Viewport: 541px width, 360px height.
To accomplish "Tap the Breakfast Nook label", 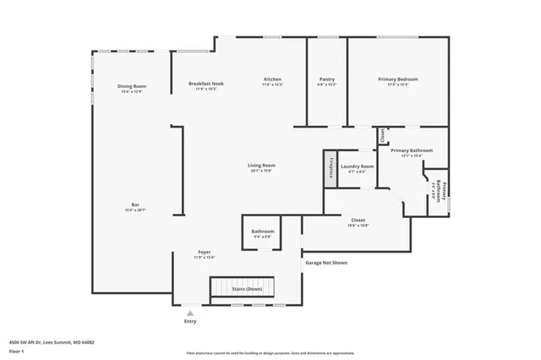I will point(205,85).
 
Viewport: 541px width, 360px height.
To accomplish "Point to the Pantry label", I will point(326,81).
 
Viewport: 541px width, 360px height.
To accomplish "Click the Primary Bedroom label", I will point(397,81).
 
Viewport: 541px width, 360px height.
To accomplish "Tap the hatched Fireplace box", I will point(330,168).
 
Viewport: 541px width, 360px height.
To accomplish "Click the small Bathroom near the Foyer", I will point(262,233).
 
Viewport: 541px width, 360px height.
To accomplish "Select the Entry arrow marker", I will point(189,313).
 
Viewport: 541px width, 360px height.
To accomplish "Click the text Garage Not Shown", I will point(326,263).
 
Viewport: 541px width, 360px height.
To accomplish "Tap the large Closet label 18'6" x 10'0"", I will point(358,222).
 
